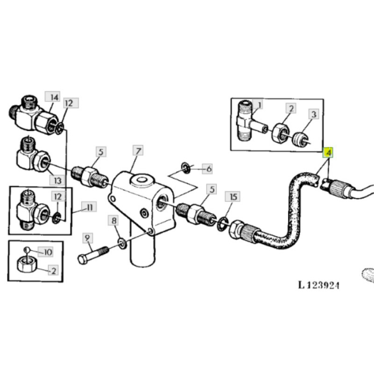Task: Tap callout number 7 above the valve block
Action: tap(138, 151)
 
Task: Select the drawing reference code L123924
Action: tap(318, 285)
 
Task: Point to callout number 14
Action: tap(54, 97)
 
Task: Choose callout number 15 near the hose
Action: tap(232, 197)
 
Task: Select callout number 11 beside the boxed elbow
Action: tap(89, 207)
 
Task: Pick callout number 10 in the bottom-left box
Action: tap(48, 252)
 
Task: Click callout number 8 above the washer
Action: tap(114, 221)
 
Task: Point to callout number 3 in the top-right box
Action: tap(314, 114)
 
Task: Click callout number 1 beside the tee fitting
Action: tap(260, 105)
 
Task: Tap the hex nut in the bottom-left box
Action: tap(26, 264)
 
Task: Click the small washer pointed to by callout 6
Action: tap(185, 168)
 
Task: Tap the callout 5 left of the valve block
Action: tap(101, 152)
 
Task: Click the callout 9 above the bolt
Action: tap(87, 238)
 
